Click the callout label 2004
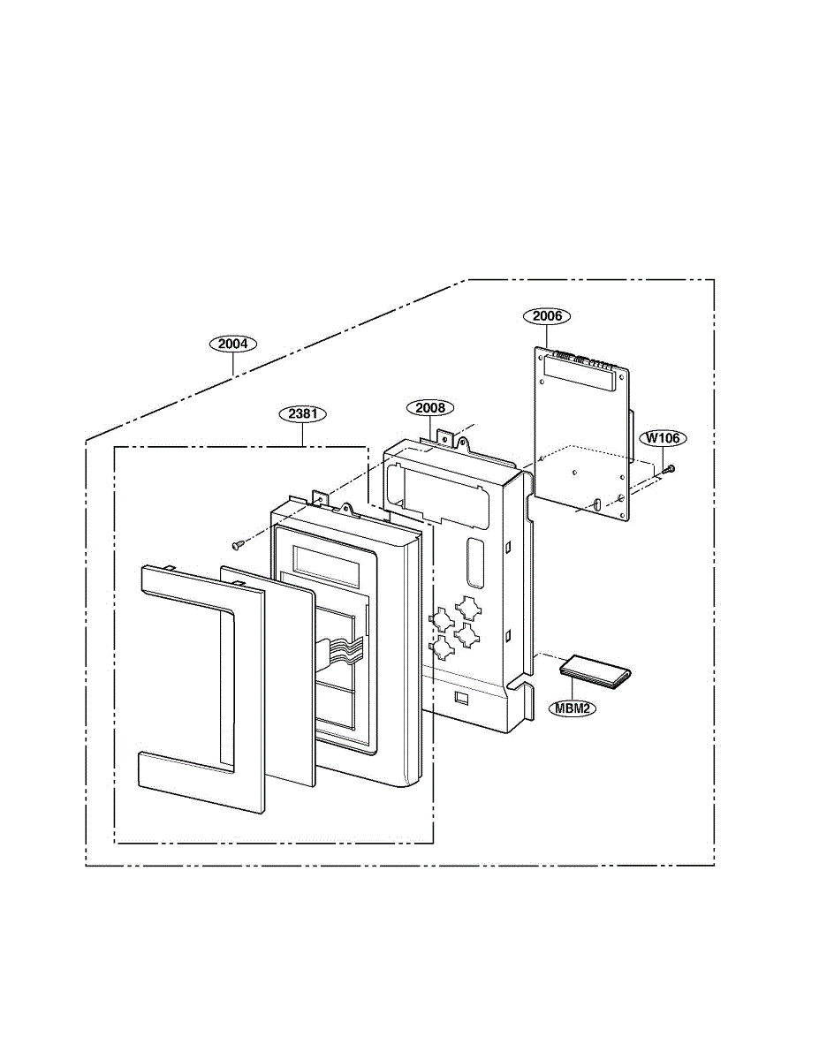tap(232, 344)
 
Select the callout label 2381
tap(302, 413)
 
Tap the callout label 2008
tap(429, 408)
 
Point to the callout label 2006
tap(547, 316)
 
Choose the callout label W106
tap(663, 438)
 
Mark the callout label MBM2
tap(573, 708)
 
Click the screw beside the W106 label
tap(669, 469)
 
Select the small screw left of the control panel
tap(238, 545)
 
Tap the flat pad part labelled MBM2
tap(595, 673)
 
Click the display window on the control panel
tap(327, 566)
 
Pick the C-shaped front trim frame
tap(201, 689)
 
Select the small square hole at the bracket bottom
tap(461, 698)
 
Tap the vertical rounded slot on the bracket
tap(475, 562)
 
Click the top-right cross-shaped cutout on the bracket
tap(468, 609)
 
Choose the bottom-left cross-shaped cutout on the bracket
tap(442, 647)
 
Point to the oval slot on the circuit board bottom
tap(598, 503)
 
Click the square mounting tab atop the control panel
tap(320, 499)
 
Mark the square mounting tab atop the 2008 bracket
tap(445, 437)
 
